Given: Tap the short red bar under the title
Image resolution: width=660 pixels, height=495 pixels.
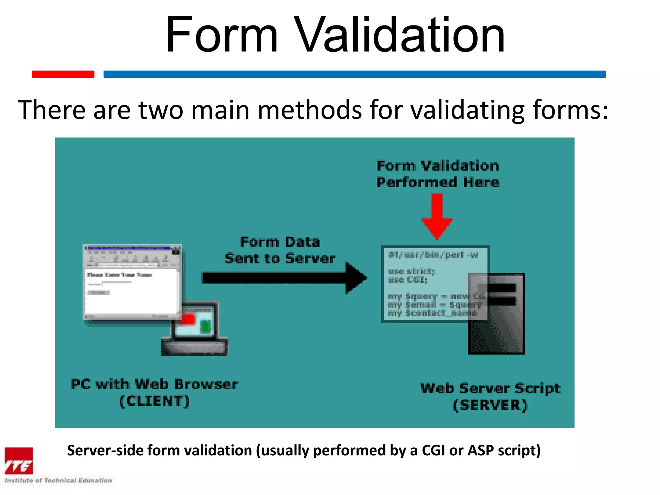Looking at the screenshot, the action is (x=63, y=74).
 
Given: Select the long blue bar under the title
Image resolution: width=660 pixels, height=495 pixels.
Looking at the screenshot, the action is (x=354, y=74).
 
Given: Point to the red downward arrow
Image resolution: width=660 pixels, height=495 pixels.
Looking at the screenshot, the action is (x=437, y=216).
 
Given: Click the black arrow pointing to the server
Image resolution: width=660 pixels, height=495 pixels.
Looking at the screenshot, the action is (x=284, y=278).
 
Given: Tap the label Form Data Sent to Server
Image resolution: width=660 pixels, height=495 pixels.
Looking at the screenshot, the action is (x=280, y=250).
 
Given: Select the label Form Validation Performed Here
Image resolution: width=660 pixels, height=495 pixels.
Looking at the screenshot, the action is (x=438, y=174).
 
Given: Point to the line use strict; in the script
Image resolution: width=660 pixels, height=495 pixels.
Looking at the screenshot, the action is (x=411, y=271).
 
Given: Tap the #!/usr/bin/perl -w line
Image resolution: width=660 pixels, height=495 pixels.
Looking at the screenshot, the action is (x=433, y=255).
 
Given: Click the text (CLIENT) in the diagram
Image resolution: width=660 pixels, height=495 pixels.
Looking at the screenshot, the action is (x=154, y=401).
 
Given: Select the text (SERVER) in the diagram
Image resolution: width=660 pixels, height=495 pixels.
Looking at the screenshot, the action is (x=490, y=405).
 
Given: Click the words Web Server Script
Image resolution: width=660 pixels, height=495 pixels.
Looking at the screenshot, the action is (x=490, y=388).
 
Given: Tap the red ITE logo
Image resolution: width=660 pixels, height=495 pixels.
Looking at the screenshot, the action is (x=19, y=461).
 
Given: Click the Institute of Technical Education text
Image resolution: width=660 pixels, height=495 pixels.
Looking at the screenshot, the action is (x=58, y=480).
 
